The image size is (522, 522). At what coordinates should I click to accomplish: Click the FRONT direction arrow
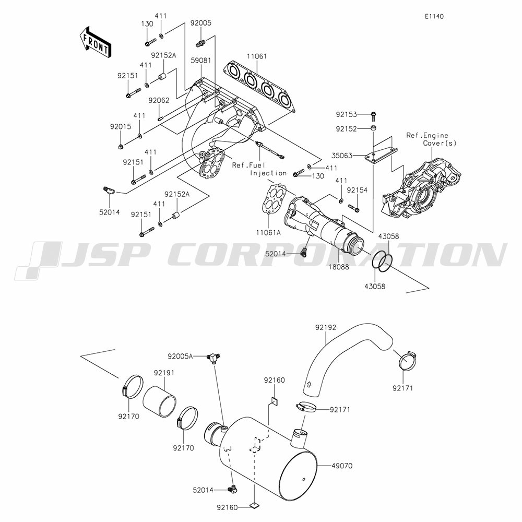(x=95, y=42)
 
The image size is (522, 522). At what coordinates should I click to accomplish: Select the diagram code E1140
(x=434, y=16)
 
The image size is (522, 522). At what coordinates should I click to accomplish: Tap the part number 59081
(x=201, y=61)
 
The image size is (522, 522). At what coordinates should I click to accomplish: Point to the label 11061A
(x=268, y=233)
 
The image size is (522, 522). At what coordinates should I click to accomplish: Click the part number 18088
(x=339, y=267)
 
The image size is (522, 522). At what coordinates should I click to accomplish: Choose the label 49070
(x=342, y=466)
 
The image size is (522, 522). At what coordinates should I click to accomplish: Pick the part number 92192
(x=326, y=328)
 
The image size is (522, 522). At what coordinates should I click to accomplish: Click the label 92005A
(x=180, y=357)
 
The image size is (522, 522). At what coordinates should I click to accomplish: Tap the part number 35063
(x=342, y=156)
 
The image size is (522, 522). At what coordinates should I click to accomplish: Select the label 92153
(x=346, y=114)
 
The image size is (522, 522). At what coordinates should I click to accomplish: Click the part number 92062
(x=159, y=100)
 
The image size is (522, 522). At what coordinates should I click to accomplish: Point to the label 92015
(x=121, y=127)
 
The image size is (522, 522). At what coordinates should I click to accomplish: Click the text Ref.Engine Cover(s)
(x=432, y=139)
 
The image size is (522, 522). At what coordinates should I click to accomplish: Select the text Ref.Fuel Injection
(x=259, y=169)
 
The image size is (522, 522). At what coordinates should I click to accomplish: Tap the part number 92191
(x=164, y=373)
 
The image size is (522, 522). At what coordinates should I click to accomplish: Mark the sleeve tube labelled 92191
(x=159, y=401)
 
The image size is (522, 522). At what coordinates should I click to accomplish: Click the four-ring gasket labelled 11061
(x=259, y=87)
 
